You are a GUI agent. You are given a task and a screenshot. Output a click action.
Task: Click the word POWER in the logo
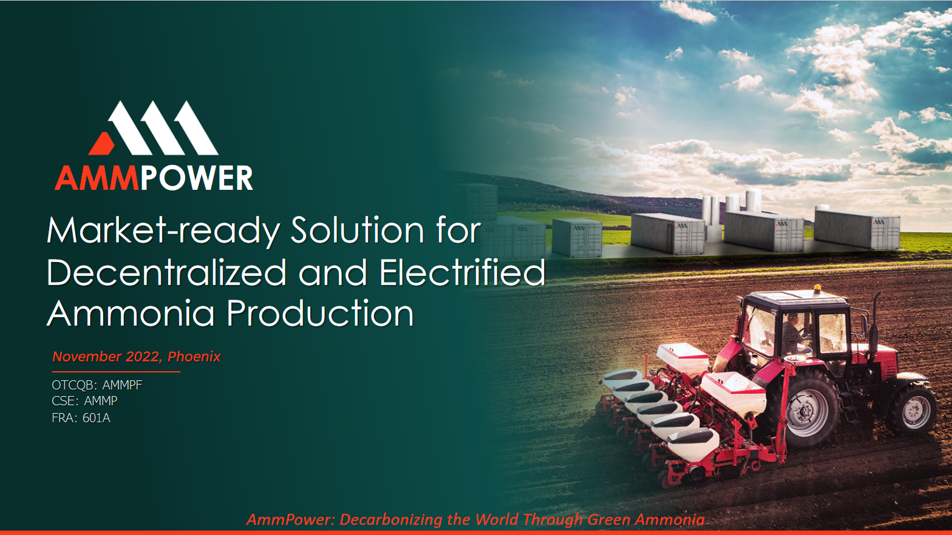pyautogui.click(x=197, y=178)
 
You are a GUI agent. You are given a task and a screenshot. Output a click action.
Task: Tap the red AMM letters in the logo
pyautogui.click(x=97, y=178)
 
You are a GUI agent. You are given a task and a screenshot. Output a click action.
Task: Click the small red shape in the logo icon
pyautogui.click(x=102, y=144)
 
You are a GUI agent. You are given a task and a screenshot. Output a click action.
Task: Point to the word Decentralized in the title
pyautogui.click(x=166, y=272)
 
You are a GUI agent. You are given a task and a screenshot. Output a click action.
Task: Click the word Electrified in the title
pyautogui.click(x=462, y=272)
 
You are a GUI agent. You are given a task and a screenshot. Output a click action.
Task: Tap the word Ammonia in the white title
pyautogui.click(x=131, y=314)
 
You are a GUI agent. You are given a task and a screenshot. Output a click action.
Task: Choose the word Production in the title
pyautogui.click(x=320, y=314)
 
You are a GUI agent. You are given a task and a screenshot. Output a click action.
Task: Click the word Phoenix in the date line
pyautogui.click(x=194, y=357)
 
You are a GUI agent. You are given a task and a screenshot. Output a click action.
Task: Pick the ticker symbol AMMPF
pyautogui.click(x=122, y=385)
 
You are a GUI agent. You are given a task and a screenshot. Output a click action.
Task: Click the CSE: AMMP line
pyautogui.click(x=84, y=401)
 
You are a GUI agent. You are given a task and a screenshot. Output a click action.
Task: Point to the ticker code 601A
pyautogui.click(x=97, y=418)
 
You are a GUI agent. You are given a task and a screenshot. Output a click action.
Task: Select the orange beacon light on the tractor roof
pyautogui.click(x=817, y=288)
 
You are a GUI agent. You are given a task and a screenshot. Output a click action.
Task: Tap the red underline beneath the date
pyautogui.click(x=116, y=371)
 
